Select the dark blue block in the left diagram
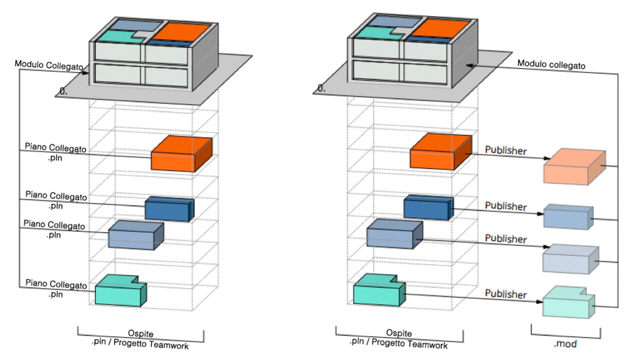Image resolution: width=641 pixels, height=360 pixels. pyautogui.click(x=167, y=209)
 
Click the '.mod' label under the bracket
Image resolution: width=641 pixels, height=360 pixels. pyautogui.click(x=565, y=344)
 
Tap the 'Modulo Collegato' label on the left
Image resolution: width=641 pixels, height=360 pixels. pyautogui.click(x=49, y=65)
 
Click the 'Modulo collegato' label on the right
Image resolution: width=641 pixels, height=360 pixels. pyautogui.click(x=551, y=64)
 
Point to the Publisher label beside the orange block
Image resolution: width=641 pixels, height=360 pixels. pyautogui.click(x=506, y=151)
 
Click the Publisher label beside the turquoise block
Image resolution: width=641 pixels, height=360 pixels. pyautogui.click(x=506, y=294)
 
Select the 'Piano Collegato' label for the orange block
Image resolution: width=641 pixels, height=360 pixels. pyautogui.click(x=55, y=148)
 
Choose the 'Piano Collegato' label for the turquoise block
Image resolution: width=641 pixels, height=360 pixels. pyautogui.click(x=56, y=284)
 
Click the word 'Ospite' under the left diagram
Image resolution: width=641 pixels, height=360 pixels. pyautogui.click(x=141, y=334)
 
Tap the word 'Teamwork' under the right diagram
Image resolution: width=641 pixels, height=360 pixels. pyautogui.click(x=429, y=345)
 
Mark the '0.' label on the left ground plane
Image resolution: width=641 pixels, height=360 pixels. pyautogui.click(x=63, y=92)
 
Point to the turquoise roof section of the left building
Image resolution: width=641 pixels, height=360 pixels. pyautogui.click(x=114, y=37)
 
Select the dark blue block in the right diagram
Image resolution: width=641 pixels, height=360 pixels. pyautogui.click(x=426, y=208)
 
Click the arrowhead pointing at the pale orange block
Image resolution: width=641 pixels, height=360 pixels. pyautogui.click(x=547, y=159)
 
